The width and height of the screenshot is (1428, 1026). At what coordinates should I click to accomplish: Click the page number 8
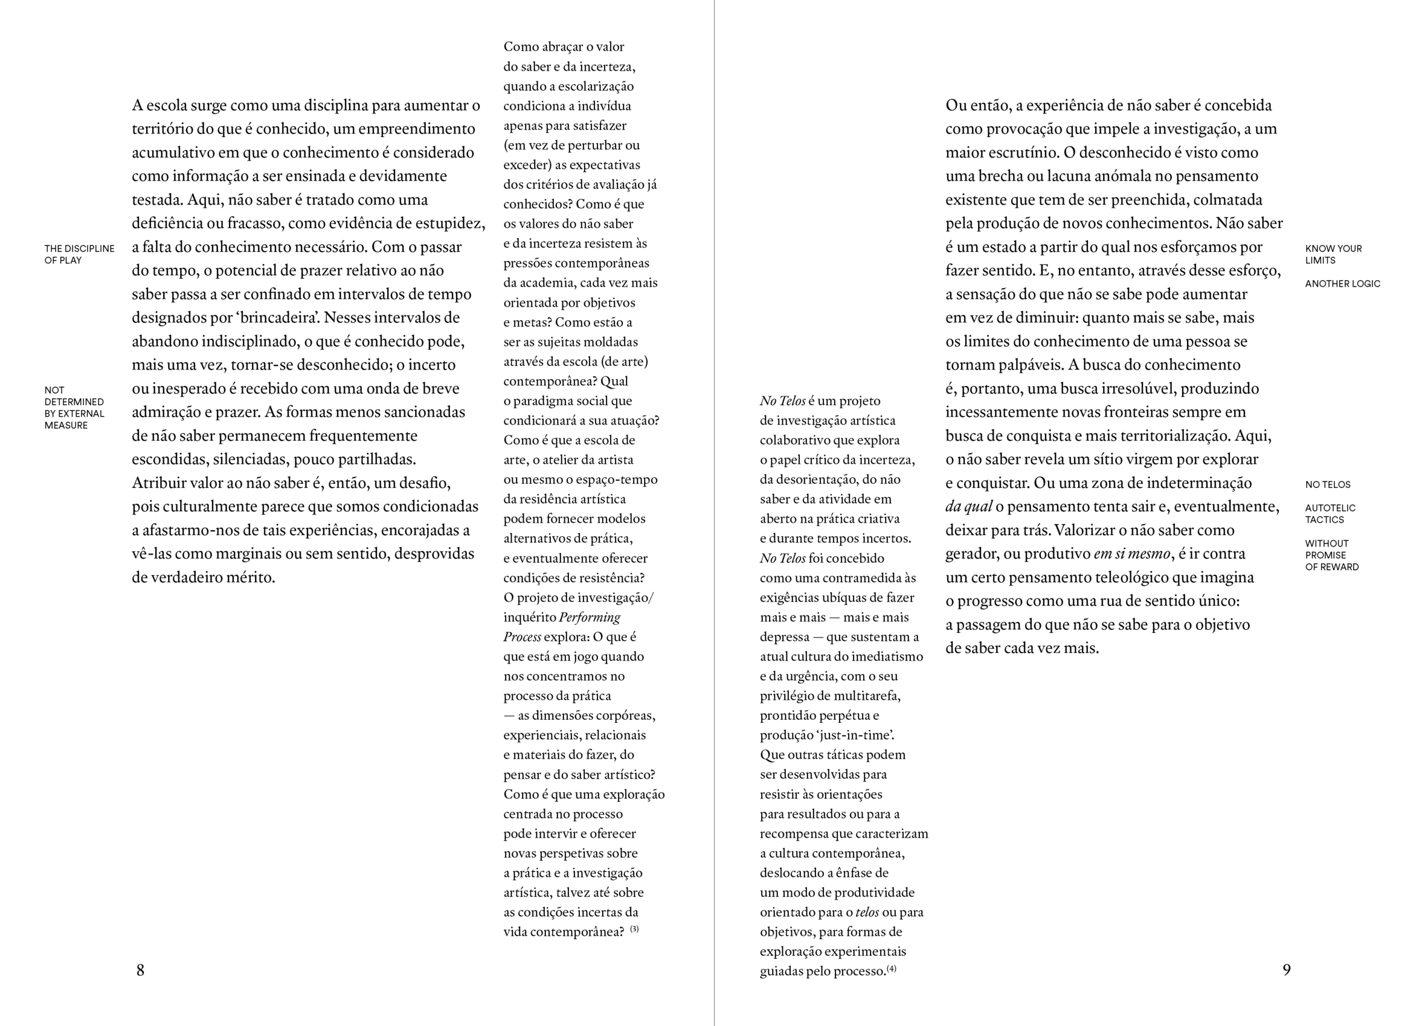click(140, 970)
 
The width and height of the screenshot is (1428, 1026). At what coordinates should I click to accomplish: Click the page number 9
click(1286, 969)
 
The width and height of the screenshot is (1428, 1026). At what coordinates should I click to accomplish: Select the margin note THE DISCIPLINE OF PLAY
click(79, 254)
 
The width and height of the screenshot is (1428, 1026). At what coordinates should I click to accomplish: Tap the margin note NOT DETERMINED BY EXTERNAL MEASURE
click(74, 408)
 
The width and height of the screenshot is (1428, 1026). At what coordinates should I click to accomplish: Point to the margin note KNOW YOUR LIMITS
click(1333, 254)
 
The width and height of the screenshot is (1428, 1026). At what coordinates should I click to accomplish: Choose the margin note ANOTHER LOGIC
click(1342, 284)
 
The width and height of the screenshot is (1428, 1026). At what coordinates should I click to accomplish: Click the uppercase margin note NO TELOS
click(1327, 485)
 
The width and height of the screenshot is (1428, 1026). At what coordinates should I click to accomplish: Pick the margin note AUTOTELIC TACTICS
click(1330, 514)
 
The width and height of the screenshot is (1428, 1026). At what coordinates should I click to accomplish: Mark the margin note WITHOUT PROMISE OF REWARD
click(1332, 555)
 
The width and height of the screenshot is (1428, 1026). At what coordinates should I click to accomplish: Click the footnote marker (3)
click(634, 929)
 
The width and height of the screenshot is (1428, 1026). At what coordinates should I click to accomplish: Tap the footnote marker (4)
click(891, 969)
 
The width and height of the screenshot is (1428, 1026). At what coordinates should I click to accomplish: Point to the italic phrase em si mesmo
click(1131, 554)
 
